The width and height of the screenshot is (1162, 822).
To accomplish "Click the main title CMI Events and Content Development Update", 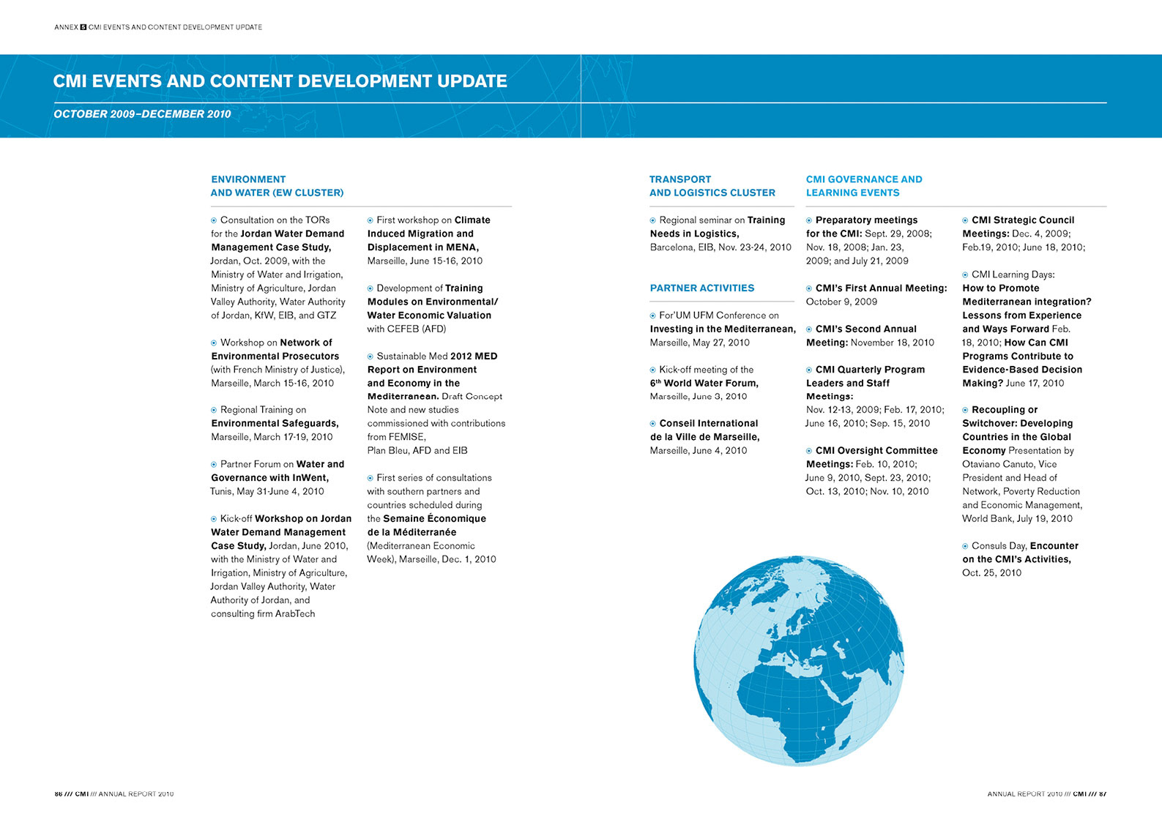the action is [x=280, y=81].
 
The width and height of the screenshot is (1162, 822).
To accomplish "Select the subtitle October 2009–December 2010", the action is [x=142, y=114].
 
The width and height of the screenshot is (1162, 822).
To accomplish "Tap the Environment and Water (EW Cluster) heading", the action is [x=277, y=186].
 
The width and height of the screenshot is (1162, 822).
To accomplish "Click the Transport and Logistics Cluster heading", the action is [x=712, y=186].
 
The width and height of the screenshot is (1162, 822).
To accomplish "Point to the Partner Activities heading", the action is [x=702, y=288].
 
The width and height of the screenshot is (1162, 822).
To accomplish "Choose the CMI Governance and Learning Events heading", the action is [x=864, y=186].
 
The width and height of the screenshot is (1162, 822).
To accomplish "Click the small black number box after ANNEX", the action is [x=83, y=27].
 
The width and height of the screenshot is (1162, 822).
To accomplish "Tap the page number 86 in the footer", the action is [x=58, y=793].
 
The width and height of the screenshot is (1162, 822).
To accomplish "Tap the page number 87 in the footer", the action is [x=1103, y=793].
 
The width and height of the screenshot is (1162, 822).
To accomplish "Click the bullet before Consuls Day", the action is [x=965, y=546].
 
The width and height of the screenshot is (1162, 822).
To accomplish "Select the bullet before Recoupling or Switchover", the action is [x=965, y=410].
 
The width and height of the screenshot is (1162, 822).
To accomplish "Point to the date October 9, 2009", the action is [x=841, y=302].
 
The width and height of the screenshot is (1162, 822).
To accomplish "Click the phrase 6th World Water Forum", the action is [x=704, y=384].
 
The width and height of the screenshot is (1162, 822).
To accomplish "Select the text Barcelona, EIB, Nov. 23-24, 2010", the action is [x=720, y=247].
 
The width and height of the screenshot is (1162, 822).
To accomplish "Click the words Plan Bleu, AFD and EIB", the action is [x=417, y=451].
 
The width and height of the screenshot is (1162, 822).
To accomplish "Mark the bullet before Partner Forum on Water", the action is [x=213, y=465].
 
